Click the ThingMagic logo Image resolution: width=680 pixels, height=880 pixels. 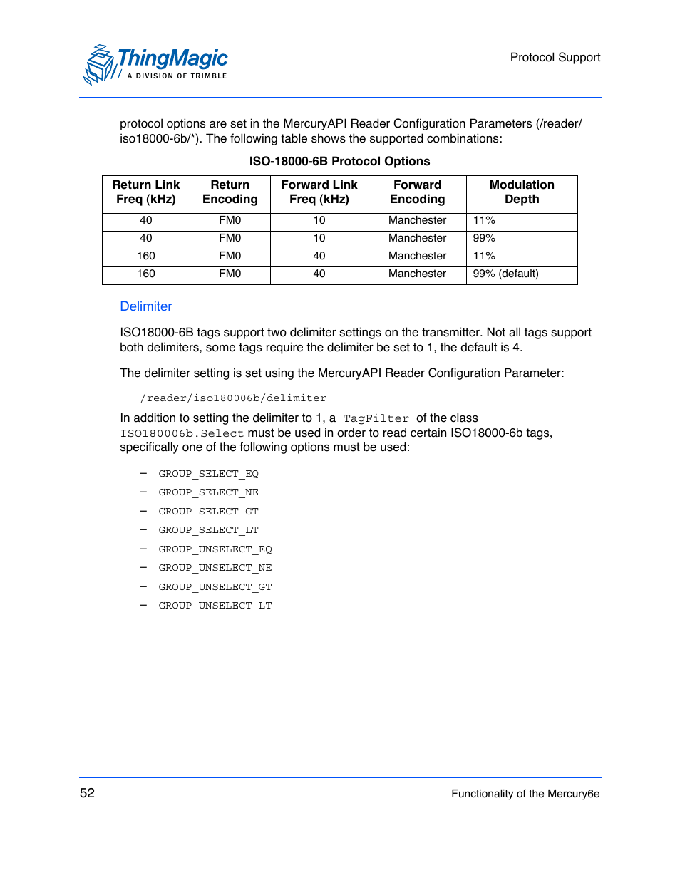(155, 64)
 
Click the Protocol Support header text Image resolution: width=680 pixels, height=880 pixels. (555, 58)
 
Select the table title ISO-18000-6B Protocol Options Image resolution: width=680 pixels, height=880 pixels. (339, 162)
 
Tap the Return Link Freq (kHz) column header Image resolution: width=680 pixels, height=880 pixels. (146, 192)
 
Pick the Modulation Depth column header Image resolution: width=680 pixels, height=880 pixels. (522, 192)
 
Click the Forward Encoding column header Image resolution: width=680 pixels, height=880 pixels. (417, 192)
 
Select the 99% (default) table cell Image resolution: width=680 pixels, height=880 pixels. (505, 274)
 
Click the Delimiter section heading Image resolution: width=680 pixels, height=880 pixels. (146, 306)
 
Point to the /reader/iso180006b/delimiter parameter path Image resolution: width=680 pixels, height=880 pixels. (233, 398)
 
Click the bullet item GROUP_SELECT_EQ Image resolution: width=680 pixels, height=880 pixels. (208, 474)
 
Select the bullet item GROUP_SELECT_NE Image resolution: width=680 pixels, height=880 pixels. (208, 492)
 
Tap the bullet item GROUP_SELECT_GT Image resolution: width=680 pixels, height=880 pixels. (208, 512)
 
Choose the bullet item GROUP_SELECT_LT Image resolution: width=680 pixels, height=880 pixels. (208, 530)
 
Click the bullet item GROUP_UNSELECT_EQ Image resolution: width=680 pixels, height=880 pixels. (215, 549)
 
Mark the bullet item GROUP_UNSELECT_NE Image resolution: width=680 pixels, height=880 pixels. (215, 568)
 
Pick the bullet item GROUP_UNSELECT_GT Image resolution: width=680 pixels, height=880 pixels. (215, 587)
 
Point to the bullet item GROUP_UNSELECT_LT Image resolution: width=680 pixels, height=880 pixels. (215, 606)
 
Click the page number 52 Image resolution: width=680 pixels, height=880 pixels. (87, 793)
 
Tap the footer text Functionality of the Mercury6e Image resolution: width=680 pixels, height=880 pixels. (525, 794)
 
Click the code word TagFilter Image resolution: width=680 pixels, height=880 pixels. (376, 419)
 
